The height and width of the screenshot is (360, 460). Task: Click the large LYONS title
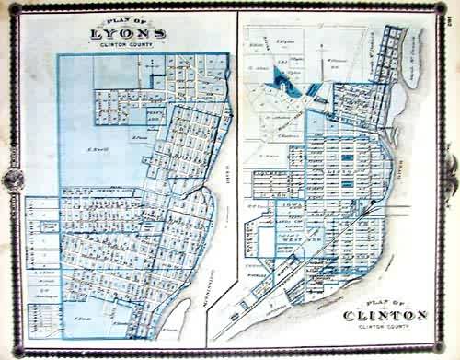point(128,36)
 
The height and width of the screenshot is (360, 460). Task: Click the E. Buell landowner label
point(92,149)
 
